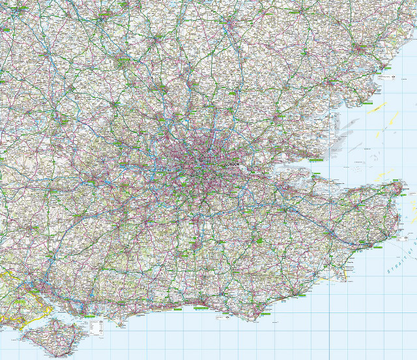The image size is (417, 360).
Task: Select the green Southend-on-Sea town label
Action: pyautogui.click(x=316, y=160)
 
